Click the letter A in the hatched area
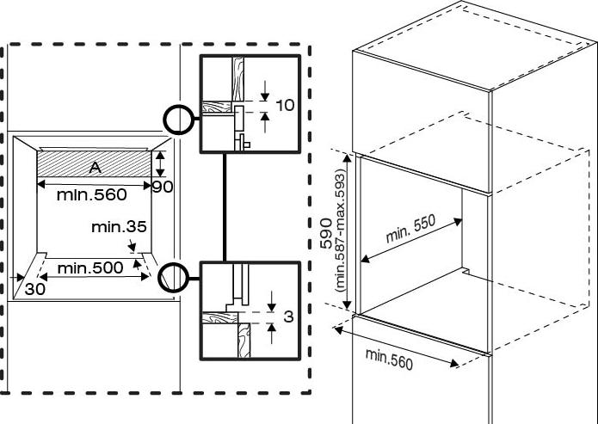click(96, 167)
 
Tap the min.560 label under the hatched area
click(91, 195)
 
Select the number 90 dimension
click(163, 187)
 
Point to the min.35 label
click(119, 227)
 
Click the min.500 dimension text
click(90, 268)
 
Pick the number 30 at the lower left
click(35, 289)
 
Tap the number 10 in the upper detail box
click(285, 105)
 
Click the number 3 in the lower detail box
click(289, 316)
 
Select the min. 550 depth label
click(410, 229)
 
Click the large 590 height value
click(326, 233)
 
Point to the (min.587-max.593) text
click(339, 230)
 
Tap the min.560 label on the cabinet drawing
click(390, 359)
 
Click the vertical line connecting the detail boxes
click(225, 207)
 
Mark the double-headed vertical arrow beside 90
click(161, 163)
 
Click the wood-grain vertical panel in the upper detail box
click(238, 79)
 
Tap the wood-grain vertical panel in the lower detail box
click(244, 341)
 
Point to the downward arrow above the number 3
click(271, 301)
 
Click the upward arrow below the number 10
click(265, 122)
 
